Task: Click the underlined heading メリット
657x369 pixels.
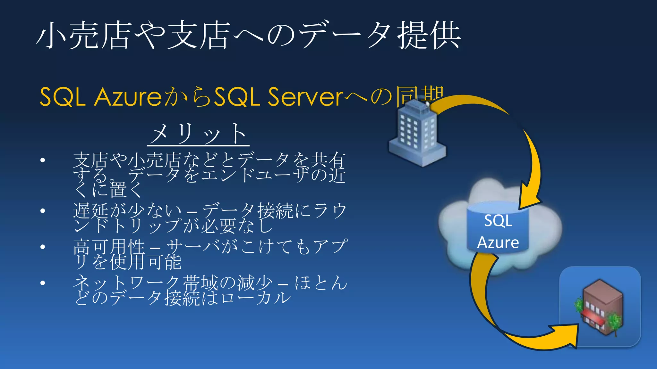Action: (x=198, y=134)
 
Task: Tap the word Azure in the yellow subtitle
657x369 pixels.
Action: (x=128, y=97)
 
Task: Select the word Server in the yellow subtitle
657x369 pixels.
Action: (x=305, y=97)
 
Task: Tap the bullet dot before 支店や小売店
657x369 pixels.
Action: (x=43, y=160)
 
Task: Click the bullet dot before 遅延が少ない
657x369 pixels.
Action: (x=43, y=211)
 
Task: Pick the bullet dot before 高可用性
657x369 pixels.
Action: (x=43, y=247)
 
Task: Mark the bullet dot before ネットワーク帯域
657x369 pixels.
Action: (x=43, y=283)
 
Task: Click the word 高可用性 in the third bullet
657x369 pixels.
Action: (x=109, y=247)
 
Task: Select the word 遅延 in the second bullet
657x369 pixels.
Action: (x=91, y=211)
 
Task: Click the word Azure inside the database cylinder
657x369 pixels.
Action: (x=498, y=242)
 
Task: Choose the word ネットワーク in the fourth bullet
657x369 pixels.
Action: (x=127, y=283)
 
